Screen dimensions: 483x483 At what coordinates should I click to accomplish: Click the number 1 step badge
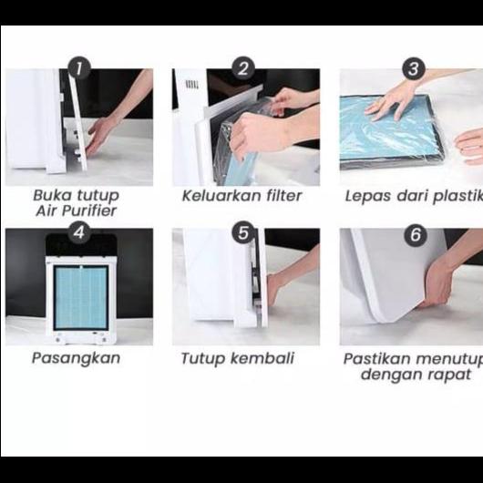pos(79,68)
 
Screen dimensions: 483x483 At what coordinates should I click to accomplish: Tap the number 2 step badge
pos(243,68)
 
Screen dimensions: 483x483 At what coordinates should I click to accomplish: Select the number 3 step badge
pos(414,68)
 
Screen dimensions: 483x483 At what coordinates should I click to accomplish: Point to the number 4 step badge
pos(79,232)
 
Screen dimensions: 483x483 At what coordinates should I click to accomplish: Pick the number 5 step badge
pos(243,232)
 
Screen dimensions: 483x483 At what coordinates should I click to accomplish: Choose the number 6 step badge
pos(416,235)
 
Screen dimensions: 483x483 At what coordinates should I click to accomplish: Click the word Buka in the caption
pos(53,195)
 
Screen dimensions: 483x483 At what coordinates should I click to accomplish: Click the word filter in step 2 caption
pos(283,196)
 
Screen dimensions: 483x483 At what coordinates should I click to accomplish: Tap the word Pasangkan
pos(76,358)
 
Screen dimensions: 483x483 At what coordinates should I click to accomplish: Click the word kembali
pos(262,358)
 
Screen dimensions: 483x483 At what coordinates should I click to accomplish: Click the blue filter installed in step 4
pos(81,297)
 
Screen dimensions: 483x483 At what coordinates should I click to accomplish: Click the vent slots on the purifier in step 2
pos(191,85)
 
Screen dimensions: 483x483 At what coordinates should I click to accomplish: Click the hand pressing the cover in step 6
pos(437,286)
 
